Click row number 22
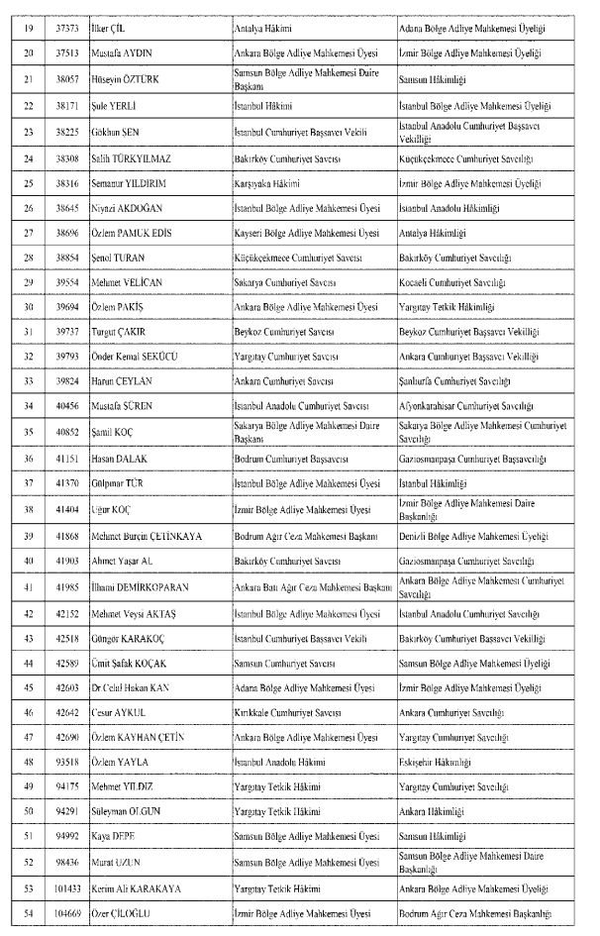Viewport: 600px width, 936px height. pos(27,105)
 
